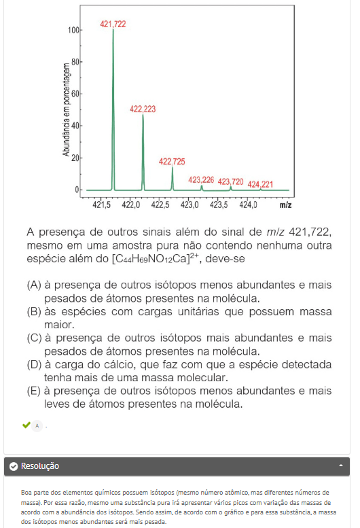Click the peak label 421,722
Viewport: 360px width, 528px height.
pyautogui.click(x=113, y=24)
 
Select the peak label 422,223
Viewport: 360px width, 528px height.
pyautogui.click(x=143, y=109)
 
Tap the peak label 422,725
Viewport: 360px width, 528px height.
pyautogui.click(x=172, y=161)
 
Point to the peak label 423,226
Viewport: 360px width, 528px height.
pyautogui.click(x=201, y=180)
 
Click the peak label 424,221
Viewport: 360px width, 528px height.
pyautogui.click(x=260, y=184)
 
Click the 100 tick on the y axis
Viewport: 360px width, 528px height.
pyautogui.click(x=72, y=31)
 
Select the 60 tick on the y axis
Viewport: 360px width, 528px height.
pyautogui.click(x=74, y=94)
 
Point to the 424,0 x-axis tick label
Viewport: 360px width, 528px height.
pyautogui.click(x=249, y=204)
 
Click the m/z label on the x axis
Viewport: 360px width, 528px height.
pyautogui.click(x=285, y=204)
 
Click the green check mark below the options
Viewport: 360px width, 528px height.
pyautogui.click(x=26, y=425)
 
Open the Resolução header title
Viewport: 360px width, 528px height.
pyautogui.click(x=40, y=466)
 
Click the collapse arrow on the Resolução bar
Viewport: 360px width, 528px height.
pyautogui.click(x=340, y=466)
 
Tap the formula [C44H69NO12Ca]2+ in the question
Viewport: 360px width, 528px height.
pyautogui.click(x=156, y=258)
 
